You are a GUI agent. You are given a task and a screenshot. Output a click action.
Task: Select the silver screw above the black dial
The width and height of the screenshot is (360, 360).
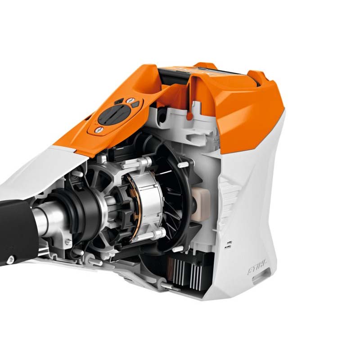pos(130,100)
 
